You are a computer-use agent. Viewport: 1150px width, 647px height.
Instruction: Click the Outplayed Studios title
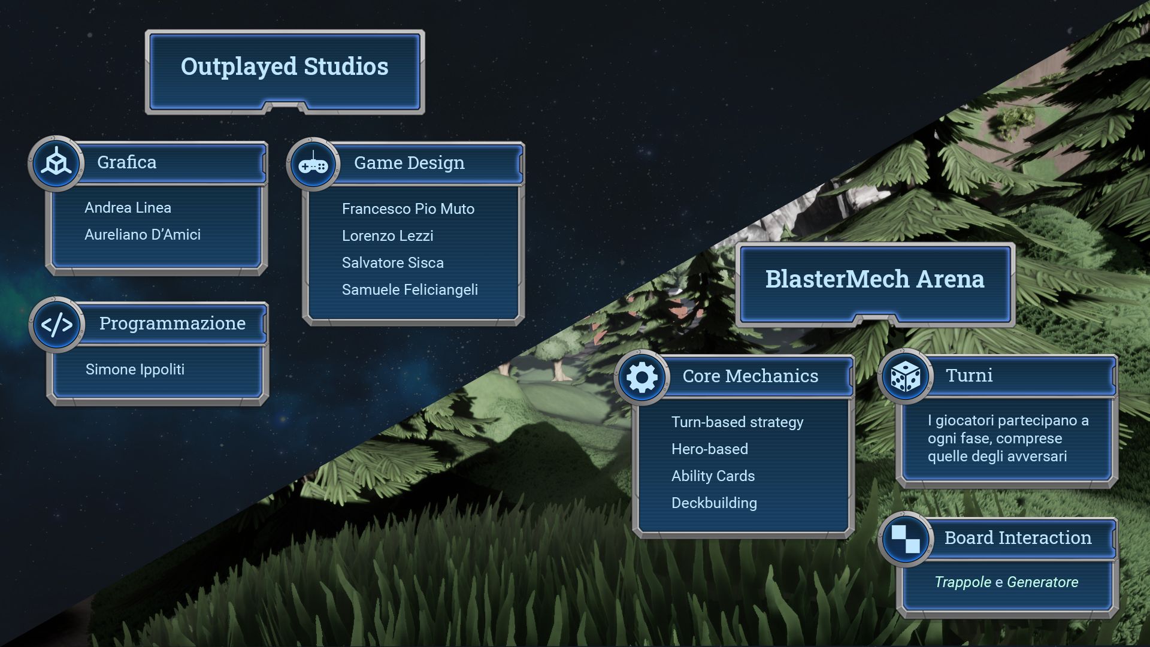point(285,66)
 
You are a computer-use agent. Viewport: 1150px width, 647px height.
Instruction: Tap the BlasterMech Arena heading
point(874,279)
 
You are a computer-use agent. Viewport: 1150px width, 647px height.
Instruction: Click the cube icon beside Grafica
point(56,163)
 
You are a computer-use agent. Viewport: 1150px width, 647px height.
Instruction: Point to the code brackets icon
point(57,325)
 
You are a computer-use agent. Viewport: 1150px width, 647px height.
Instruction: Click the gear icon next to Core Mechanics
point(641,377)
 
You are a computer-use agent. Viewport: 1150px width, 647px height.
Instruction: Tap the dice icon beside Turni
point(906,377)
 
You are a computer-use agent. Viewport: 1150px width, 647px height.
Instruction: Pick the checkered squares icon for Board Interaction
point(906,539)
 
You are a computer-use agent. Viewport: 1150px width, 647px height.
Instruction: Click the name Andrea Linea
point(128,208)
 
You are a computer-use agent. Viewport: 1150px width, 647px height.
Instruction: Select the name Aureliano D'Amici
point(143,235)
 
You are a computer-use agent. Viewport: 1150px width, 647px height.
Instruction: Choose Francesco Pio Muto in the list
point(408,209)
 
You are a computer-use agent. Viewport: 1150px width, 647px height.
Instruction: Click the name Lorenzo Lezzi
point(388,236)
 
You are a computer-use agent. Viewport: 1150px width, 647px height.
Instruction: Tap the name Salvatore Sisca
point(393,263)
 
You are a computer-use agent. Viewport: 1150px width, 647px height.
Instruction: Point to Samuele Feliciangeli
point(410,290)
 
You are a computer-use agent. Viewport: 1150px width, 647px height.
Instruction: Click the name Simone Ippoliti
point(135,370)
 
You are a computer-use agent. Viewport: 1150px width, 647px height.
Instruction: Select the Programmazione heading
point(172,323)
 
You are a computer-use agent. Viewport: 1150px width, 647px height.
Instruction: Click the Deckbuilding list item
point(714,503)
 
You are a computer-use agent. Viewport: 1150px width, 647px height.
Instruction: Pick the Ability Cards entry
point(713,476)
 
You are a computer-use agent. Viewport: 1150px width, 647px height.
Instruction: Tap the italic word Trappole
point(963,582)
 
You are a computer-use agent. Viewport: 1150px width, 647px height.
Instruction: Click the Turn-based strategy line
point(737,422)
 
